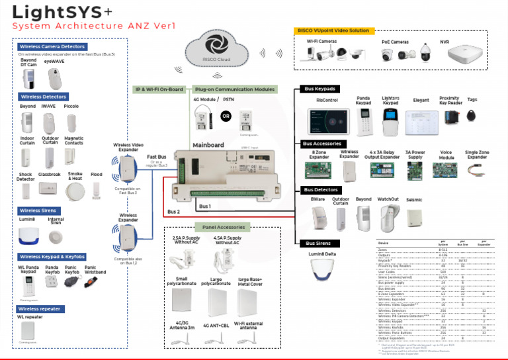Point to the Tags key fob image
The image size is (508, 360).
click(472, 114)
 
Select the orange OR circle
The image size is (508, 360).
click(226, 116)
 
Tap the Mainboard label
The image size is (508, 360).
click(208, 145)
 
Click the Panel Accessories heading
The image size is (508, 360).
click(224, 227)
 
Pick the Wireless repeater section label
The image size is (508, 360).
click(40, 308)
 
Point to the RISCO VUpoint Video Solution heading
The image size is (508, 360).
click(334, 30)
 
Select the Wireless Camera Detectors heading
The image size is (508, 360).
click(52, 47)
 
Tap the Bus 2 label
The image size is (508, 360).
click(173, 212)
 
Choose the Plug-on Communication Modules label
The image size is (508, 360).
click(234, 89)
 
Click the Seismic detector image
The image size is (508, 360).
click(415, 216)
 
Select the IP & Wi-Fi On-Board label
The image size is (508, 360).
click(159, 89)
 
